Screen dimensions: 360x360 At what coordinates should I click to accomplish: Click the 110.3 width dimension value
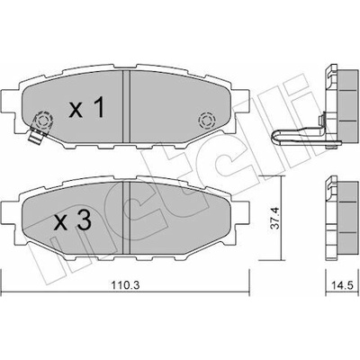point(125,284)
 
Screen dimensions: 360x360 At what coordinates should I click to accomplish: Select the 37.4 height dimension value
point(275,218)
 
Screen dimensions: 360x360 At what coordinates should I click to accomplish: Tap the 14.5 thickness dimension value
point(343,284)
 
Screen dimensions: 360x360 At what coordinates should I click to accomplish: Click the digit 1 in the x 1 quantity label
point(98,107)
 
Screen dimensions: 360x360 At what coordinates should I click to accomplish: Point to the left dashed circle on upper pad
point(42,121)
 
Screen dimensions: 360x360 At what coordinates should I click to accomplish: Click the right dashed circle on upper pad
point(207,121)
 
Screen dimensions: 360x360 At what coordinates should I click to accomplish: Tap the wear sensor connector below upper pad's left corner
point(35,136)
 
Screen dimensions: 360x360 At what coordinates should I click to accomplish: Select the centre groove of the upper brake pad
point(126,107)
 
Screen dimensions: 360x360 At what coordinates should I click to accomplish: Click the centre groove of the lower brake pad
point(126,218)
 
